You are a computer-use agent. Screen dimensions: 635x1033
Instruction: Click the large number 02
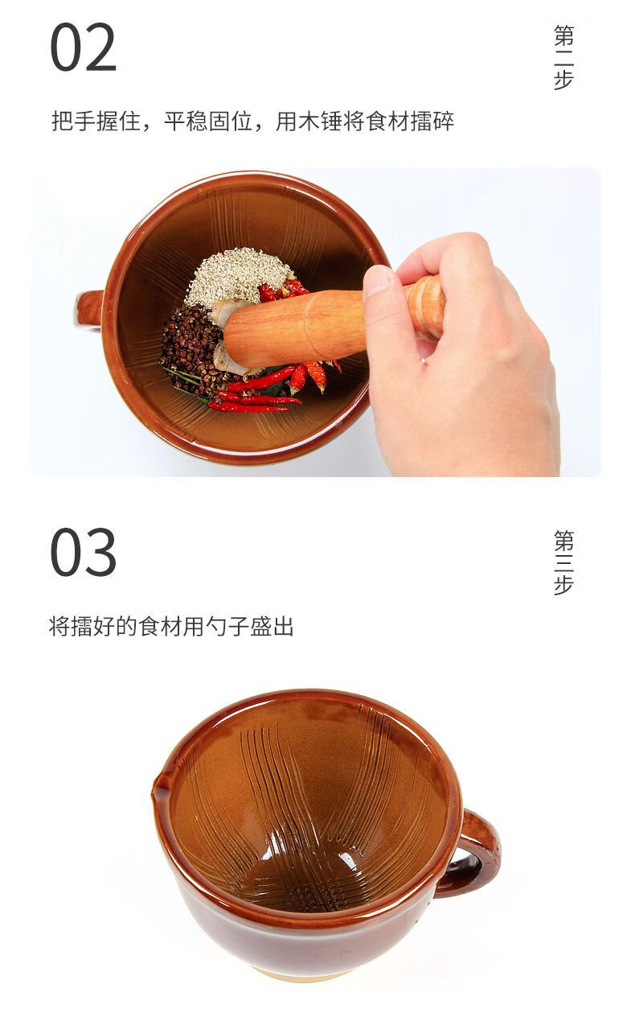coord(83,47)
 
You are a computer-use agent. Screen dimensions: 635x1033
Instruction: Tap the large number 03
coord(83,552)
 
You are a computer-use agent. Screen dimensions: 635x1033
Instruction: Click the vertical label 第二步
coord(563,58)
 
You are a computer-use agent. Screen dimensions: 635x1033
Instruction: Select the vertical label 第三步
coord(563,562)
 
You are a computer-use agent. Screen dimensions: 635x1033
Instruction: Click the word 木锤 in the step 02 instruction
coord(320,121)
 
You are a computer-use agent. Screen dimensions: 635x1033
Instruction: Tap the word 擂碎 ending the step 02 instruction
coord(432,121)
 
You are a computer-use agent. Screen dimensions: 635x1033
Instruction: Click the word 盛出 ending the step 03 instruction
coord(272,626)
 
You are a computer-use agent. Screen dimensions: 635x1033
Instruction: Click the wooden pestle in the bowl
coord(332,322)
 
